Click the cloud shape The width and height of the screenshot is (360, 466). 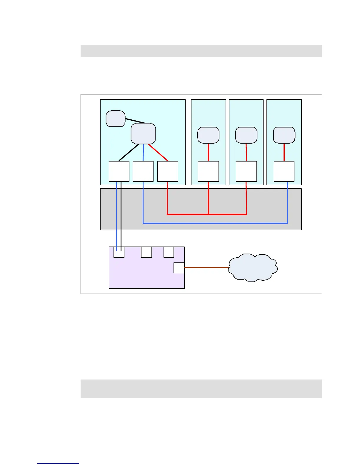point(253,267)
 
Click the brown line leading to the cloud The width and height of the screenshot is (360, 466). point(206,268)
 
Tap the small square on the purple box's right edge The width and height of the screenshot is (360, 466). point(179,268)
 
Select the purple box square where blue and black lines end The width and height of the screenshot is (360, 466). point(119,252)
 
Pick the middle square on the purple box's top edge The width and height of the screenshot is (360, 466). point(146,252)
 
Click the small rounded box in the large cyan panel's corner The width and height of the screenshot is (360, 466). point(116,119)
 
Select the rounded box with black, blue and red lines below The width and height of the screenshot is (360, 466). point(143,134)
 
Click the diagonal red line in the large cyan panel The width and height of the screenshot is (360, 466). point(158,152)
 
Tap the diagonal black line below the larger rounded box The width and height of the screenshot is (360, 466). point(129,152)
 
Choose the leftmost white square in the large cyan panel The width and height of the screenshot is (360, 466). point(119,171)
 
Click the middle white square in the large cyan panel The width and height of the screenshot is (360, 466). point(143,171)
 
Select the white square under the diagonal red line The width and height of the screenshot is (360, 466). point(168,171)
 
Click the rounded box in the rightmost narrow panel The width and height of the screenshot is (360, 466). point(284,135)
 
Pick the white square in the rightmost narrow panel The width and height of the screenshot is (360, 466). point(284,171)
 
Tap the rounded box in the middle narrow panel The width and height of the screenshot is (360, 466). point(246,135)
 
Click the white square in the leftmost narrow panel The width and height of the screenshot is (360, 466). point(208,171)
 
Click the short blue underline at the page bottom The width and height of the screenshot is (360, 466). point(58,463)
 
